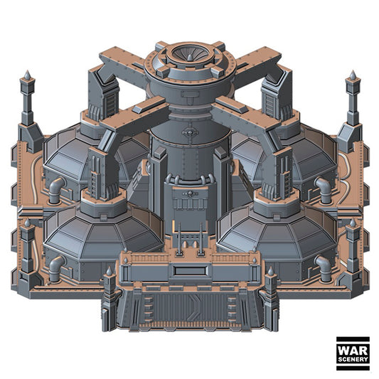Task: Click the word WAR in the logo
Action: click(x=353, y=351)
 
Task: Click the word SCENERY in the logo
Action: click(x=353, y=359)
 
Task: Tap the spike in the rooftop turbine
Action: click(x=190, y=58)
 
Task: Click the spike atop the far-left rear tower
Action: click(x=27, y=75)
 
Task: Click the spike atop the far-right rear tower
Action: click(x=353, y=75)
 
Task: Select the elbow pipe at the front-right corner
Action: click(x=324, y=268)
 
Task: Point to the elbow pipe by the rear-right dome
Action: click(x=324, y=190)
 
